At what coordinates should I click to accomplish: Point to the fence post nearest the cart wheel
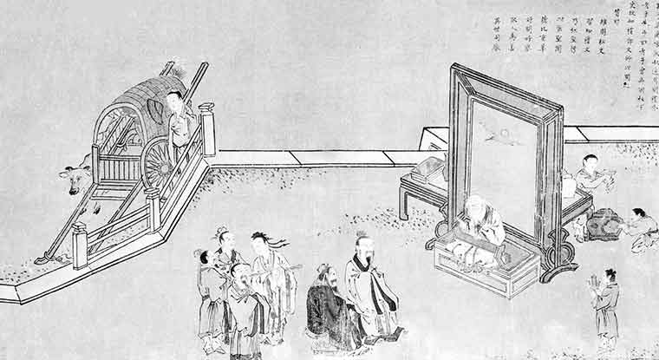coord(206,130)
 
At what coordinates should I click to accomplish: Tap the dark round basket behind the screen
coord(604,224)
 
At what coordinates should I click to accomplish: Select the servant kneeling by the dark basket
coord(640,227)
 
